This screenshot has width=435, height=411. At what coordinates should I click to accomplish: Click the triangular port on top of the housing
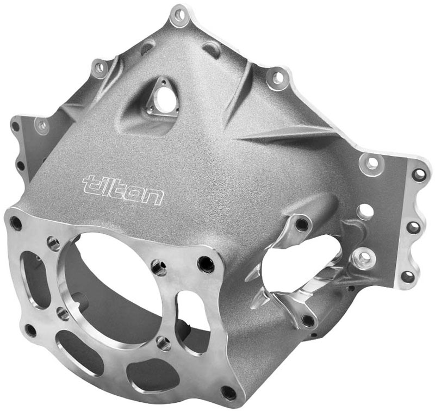(161, 97)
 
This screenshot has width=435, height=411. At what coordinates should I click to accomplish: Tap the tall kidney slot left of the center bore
(35, 280)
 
